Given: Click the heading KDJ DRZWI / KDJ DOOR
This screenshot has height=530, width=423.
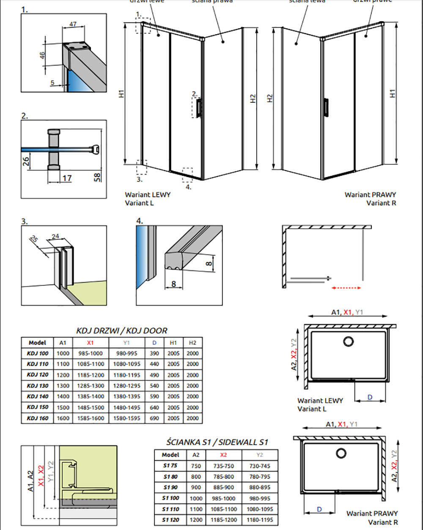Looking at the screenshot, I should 121,331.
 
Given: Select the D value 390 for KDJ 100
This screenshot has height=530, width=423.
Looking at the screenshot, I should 154,353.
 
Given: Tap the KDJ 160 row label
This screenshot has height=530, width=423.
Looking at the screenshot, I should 38,418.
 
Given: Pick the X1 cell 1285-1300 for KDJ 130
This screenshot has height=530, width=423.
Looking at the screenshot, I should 91,386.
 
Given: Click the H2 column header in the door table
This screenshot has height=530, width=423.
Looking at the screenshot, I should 192,343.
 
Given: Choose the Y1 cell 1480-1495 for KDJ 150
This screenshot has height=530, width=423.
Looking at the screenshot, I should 126,407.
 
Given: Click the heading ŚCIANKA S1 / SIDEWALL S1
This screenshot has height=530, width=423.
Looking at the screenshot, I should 217,442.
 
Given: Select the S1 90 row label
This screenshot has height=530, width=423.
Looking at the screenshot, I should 170,487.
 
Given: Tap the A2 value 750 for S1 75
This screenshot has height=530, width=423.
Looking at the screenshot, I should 196,466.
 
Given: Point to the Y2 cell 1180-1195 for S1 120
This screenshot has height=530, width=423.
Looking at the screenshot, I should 260,520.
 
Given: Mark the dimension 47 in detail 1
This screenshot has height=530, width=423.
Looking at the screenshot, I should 73,25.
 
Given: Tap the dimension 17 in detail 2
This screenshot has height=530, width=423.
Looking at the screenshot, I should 67,178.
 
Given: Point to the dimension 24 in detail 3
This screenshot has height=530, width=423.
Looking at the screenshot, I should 55,237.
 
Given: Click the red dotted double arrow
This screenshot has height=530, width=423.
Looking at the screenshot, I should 346,288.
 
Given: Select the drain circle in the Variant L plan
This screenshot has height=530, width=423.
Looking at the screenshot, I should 349,342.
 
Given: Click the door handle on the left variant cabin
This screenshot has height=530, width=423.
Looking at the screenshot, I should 199,107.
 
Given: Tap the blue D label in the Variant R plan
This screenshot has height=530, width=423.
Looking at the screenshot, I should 319,509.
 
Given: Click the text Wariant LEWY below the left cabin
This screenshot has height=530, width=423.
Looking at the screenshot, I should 148,195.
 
